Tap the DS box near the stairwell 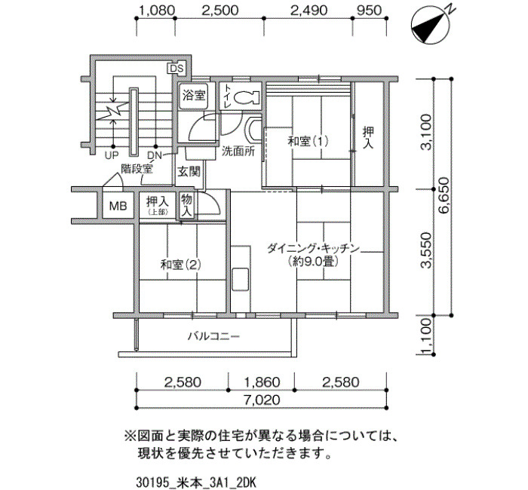(x=176, y=69)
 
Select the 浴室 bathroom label (x=194, y=96)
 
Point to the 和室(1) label (x=308, y=141)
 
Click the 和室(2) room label (x=180, y=265)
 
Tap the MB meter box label (x=118, y=206)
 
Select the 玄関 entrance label (x=189, y=172)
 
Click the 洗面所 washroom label (x=238, y=152)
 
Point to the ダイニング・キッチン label (x=313, y=249)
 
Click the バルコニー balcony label (x=213, y=336)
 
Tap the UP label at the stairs (x=112, y=156)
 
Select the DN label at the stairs (x=155, y=156)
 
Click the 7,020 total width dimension (x=262, y=400)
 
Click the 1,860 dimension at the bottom (x=262, y=382)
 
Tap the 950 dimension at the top (x=369, y=11)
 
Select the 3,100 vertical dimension (x=426, y=132)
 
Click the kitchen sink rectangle (x=241, y=280)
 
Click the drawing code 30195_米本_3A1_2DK (x=197, y=482)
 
